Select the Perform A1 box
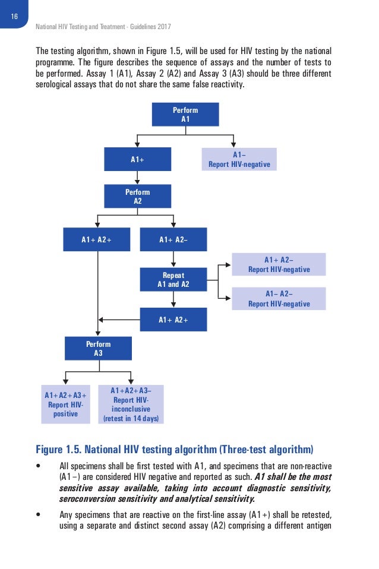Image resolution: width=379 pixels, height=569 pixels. coord(185,114)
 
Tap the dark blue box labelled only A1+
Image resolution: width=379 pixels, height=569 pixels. coord(138,159)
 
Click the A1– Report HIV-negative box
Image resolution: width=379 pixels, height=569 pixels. coord(239,159)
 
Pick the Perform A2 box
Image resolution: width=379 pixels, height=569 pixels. coord(138,197)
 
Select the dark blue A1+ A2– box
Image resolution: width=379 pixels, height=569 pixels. coord(173,239)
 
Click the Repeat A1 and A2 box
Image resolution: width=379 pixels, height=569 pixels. coord(173,280)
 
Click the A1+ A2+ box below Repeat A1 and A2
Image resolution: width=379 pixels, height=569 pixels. coord(173,320)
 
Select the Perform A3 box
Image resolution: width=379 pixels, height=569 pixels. coord(98,349)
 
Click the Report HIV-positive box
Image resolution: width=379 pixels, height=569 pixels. coord(65,404)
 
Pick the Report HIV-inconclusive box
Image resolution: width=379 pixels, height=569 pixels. coord(131,404)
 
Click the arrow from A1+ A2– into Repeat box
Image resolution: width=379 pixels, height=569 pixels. coord(173,260)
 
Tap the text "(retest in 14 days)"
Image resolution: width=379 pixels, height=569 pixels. coord(131,418)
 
